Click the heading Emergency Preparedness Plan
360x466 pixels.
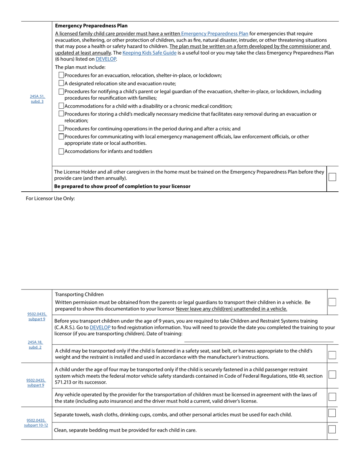[91, 26]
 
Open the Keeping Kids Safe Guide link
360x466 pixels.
[149, 53]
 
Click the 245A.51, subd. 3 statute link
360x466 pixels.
[37, 99]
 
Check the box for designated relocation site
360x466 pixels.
[61, 83]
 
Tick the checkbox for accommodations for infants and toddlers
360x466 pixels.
[61, 151]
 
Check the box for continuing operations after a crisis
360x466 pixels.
[61, 128]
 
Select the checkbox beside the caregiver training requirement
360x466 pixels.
[332, 177]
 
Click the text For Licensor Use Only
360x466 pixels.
[50, 198]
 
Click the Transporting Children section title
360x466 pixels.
[79, 294]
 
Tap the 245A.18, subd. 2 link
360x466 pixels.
[35, 344]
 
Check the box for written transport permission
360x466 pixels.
[332, 302]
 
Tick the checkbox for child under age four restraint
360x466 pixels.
[332, 374]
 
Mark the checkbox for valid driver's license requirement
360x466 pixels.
[332, 397]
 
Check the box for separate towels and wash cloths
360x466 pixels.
[332, 413]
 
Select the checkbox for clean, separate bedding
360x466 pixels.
[332, 429]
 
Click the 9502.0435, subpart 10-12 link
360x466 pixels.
[36, 422]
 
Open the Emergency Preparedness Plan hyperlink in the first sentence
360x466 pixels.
[214, 34]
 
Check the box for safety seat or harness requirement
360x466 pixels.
[332, 355]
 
